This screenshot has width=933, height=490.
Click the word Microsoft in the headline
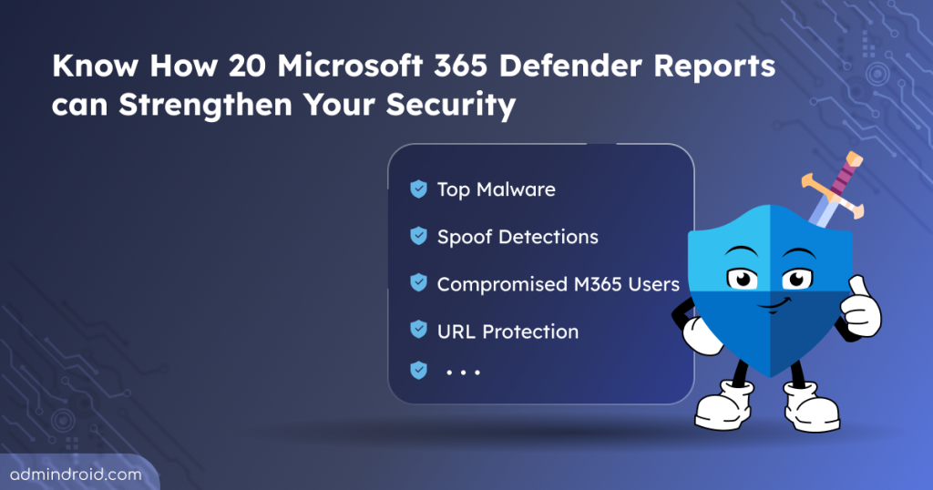tap(350, 66)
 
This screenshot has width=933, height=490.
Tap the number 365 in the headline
tap(460, 66)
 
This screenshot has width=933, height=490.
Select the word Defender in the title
tap(570, 66)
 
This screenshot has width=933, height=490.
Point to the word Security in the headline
tap(450, 106)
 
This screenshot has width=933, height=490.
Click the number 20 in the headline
tap(247, 66)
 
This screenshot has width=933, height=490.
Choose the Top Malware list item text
tap(497, 189)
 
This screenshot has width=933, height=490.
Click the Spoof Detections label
tap(518, 237)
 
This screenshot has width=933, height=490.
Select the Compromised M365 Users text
tap(559, 284)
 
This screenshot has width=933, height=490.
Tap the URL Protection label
tap(508, 332)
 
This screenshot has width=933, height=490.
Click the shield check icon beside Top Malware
tap(419, 189)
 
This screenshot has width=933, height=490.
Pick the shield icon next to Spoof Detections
tap(419, 236)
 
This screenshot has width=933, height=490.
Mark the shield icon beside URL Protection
tap(419, 329)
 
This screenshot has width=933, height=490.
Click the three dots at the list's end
tap(463, 373)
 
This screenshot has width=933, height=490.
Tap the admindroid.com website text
tap(77, 475)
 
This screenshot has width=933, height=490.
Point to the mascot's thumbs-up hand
tap(860, 308)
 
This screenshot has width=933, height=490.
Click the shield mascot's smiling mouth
tap(774, 306)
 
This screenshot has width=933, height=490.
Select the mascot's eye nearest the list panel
tap(743, 279)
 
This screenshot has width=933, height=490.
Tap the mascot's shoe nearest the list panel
tap(723, 405)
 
